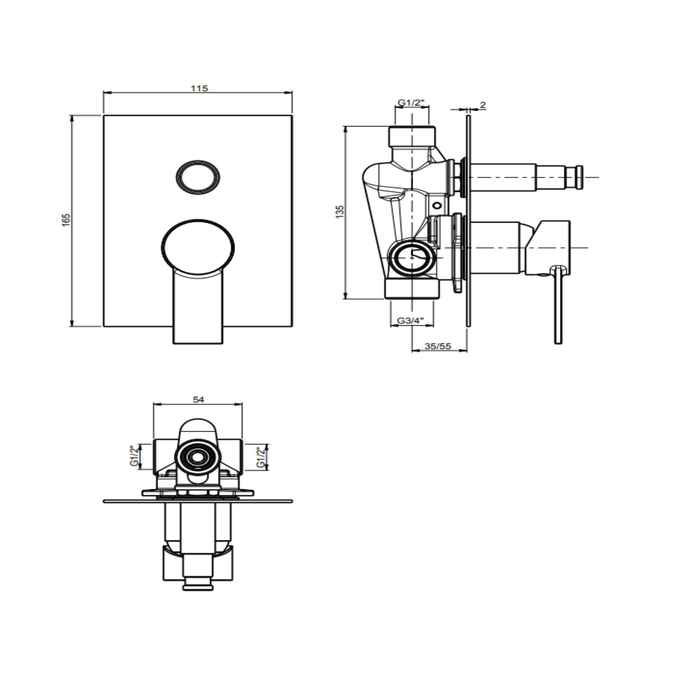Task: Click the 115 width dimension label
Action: click(x=199, y=88)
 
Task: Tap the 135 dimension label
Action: click(x=340, y=211)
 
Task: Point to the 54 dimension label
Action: click(x=199, y=400)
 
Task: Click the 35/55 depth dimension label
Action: click(x=438, y=346)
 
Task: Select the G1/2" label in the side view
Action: click(x=411, y=103)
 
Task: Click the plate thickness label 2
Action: click(x=483, y=105)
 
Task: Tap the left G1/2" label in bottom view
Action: click(x=134, y=456)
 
